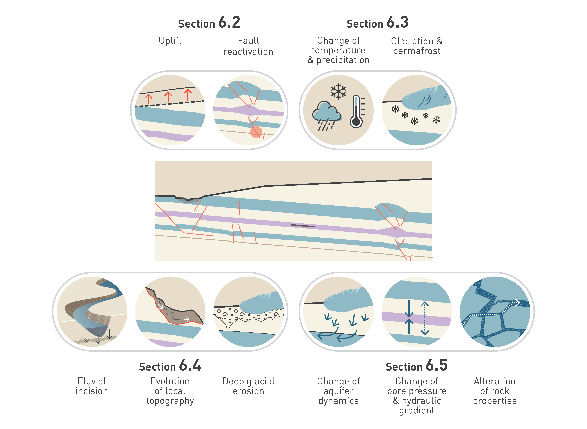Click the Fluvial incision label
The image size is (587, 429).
92,386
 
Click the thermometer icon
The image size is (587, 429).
356,112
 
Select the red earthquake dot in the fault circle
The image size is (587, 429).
256,132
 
